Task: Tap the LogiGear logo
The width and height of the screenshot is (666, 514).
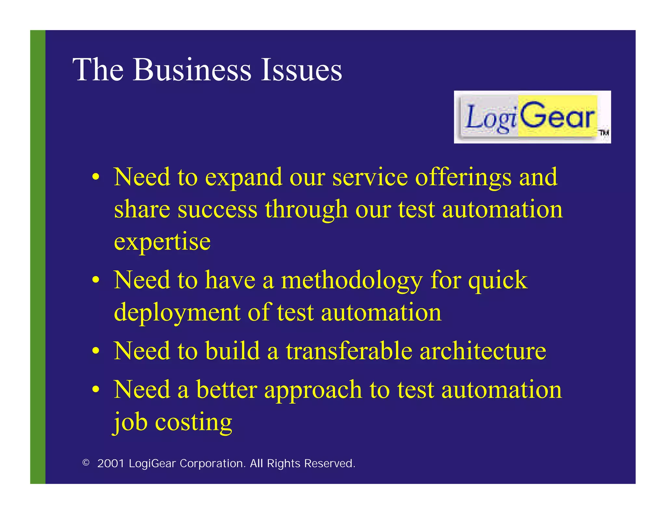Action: click(532, 117)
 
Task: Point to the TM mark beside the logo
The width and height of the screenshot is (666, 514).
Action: click(604, 132)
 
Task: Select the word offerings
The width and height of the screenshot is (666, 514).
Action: click(463, 178)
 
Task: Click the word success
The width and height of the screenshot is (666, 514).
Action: click(218, 210)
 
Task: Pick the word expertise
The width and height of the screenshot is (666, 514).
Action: click(162, 242)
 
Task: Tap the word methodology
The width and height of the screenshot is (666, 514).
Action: click(352, 280)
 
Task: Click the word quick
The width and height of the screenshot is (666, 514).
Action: click(498, 280)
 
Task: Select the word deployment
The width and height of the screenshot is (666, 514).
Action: click(177, 313)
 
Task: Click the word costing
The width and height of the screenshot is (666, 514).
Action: click(193, 422)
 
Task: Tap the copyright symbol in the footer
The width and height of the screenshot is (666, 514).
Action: click(86, 462)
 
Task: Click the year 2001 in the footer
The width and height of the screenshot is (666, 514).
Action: click(111, 463)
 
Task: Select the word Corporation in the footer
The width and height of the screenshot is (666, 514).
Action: click(213, 463)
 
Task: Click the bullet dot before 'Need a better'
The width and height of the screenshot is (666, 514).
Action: click(95, 390)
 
